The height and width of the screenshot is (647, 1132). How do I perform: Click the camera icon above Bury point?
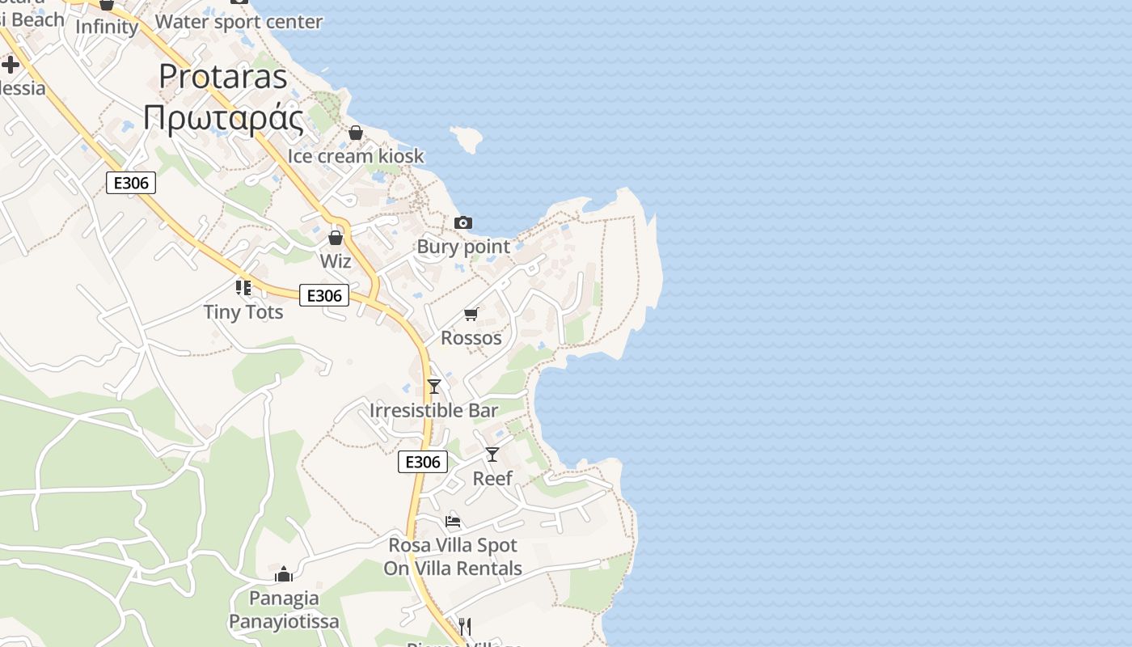click(x=463, y=222)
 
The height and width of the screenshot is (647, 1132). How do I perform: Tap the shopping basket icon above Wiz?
click(x=336, y=238)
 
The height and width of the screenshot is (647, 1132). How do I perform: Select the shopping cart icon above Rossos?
click(x=471, y=314)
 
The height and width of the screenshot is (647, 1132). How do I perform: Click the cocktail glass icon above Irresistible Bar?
click(x=434, y=386)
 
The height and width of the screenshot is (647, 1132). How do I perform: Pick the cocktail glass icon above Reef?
click(x=492, y=455)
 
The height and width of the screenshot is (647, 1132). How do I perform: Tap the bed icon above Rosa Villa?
click(x=453, y=522)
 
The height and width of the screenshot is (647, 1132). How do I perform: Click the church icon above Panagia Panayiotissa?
click(x=284, y=574)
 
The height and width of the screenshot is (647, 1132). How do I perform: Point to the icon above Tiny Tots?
click(x=243, y=287)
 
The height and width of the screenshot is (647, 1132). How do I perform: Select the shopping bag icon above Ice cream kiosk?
click(x=356, y=133)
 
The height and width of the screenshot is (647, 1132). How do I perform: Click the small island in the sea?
click(x=467, y=139)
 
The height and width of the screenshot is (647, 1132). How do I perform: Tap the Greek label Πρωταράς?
click(x=223, y=119)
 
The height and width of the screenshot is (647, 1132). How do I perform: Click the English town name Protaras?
click(x=223, y=77)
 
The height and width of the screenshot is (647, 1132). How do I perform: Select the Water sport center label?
click(x=239, y=22)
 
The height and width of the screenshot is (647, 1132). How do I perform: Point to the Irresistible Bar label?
click(x=433, y=410)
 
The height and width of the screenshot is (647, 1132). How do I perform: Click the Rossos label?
click(x=471, y=337)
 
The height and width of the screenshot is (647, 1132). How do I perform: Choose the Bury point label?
click(x=463, y=247)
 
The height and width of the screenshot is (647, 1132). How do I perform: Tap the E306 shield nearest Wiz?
click(x=324, y=296)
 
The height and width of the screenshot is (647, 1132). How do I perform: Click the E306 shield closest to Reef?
click(x=423, y=462)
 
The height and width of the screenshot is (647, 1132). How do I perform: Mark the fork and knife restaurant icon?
click(x=465, y=626)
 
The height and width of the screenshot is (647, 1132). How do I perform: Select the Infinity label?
click(x=107, y=27)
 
